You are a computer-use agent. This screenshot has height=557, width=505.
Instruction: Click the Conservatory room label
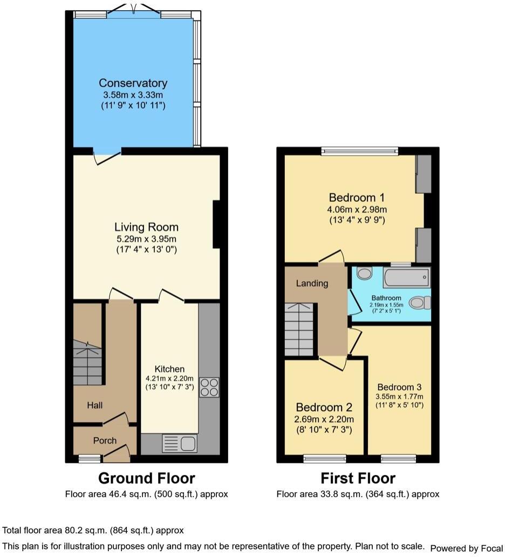coord(133,83)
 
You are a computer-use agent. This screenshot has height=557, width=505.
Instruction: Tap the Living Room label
coord(146,227)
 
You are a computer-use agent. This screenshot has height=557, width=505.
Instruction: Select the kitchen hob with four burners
coord(209,388)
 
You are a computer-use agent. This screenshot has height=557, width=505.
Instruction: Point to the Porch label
coord(105,440)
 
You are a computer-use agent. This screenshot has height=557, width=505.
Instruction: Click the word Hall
coord(95,405)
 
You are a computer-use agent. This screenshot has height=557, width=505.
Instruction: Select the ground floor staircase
coord(87,362)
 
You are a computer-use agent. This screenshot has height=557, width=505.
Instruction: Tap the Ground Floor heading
coord(146,478)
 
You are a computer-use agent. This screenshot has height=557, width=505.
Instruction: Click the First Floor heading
coord(358,478)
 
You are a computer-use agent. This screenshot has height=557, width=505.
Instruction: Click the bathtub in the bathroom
coord(407,277)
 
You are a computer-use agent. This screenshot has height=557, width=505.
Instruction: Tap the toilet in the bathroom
coord(419,303)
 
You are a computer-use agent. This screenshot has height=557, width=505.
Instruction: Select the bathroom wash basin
coord(365,274)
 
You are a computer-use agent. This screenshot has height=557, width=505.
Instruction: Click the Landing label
coord(312,283)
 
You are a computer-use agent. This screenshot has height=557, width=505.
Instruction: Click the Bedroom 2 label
coord(324,408)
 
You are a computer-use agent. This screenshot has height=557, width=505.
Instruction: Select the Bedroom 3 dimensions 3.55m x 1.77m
coord(400,397)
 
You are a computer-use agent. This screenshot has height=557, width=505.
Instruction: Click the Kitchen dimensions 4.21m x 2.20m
coord(169,378)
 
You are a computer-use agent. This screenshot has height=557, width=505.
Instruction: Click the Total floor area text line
coord(93,531)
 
